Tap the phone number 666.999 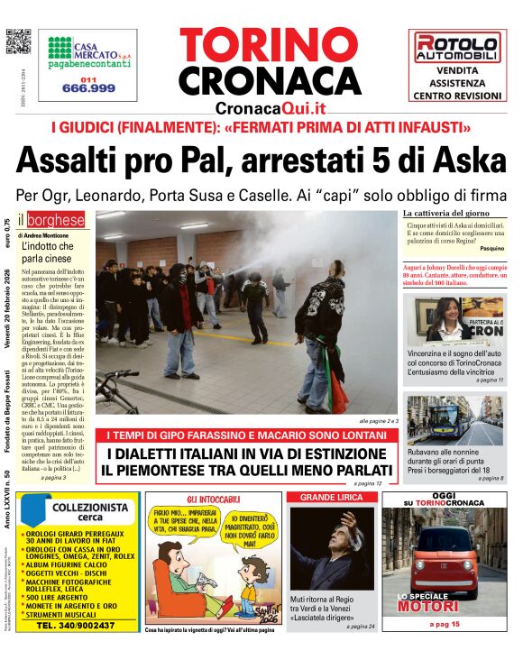pyautogui.click(x=88, y=87)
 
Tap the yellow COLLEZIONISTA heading pyautogui.click(x=90, y=509)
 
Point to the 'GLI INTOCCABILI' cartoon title pyautogui.click(x=214, y=500)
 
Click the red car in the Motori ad pyautogui.click(x=444, y=559)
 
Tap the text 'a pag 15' pyautogui.click(x=444, y=624)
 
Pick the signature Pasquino pyautogui.click(x=492, y=247)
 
